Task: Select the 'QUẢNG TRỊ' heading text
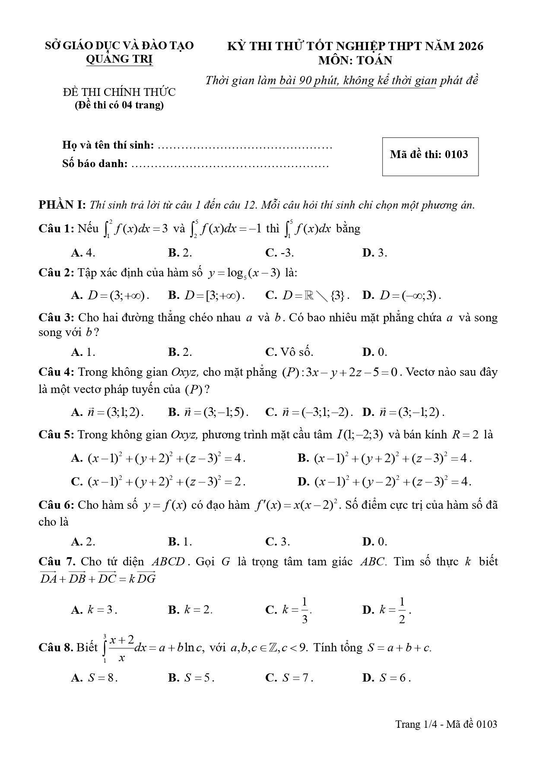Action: pos(119,59)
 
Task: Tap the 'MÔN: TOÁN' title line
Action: pos(355,60)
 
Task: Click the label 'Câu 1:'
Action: pos(57,228)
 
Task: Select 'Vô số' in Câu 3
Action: pos(289,352)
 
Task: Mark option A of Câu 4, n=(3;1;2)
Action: pos(107,412)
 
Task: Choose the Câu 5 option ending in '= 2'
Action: pos(158,481)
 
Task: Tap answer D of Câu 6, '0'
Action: pos(374,541)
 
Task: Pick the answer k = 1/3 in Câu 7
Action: pos(289,610)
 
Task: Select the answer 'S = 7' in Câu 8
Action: pos(289,678)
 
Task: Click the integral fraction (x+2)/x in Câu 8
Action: pos(121,648)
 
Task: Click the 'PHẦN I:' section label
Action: pos(63,205)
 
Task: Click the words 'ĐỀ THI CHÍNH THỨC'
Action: pos(119,92)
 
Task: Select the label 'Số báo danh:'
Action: pos(95,164)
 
